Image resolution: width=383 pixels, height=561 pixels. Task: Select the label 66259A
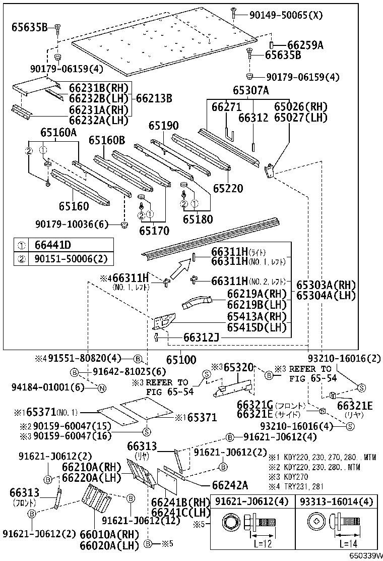(305, 45)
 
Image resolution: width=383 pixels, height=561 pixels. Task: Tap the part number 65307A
(250, 91)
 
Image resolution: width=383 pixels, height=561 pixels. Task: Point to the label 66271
(226, 107)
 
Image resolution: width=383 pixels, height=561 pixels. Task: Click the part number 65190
(163, 126)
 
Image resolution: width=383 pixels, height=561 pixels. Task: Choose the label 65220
(227, 189)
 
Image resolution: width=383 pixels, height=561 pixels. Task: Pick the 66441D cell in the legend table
(53, 245)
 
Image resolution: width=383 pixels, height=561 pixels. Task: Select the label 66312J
(201, 337)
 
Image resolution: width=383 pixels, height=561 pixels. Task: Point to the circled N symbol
(101, 388)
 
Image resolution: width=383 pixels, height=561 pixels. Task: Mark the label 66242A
(230, 485)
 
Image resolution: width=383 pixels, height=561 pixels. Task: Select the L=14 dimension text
(348, 544)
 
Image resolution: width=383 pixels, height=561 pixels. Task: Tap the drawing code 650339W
(364, 555)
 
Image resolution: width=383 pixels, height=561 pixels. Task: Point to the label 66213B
(154, 97)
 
